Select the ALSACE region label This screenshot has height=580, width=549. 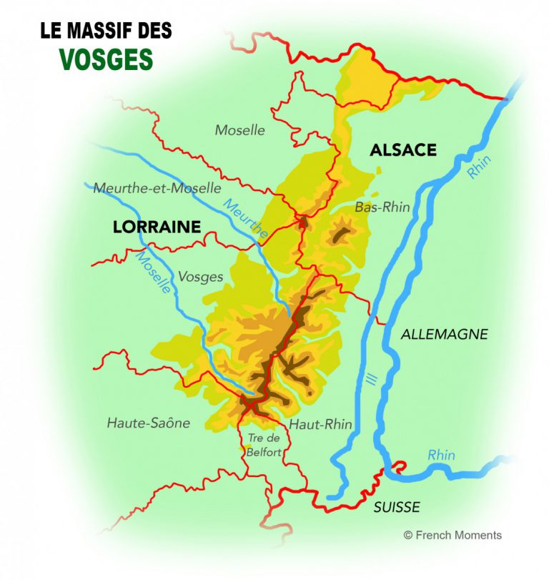tap(402, 150)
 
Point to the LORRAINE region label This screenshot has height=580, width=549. tap(157, 227)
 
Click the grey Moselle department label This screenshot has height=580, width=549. tap(239, 130)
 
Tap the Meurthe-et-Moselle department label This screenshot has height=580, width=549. tap(157, 188)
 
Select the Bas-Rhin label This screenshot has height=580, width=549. tap(382, 207)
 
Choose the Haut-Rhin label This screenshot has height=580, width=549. tap(320, 424)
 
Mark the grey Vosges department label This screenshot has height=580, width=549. tap(200, 277)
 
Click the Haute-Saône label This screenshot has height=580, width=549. tap(149, 423)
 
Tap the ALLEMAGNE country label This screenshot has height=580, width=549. tap(445, 334)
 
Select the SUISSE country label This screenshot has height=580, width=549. tap(397, 507)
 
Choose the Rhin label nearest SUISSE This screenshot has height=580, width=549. tap(441, 455)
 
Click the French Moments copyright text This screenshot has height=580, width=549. tap(452, 535)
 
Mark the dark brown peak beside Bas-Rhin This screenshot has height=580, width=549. tap(340, 233)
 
